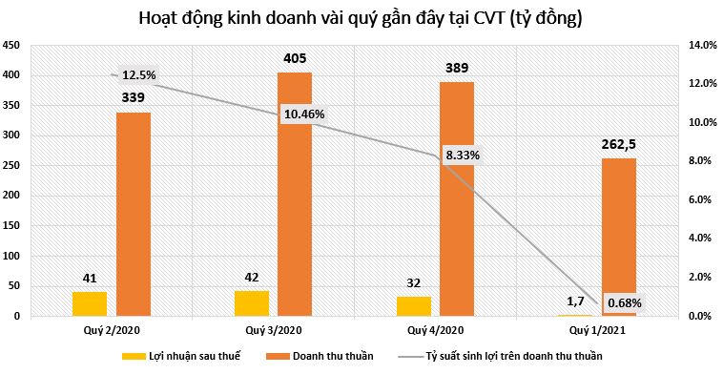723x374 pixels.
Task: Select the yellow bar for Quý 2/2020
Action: (x=91, y=303)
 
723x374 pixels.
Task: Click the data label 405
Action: (x=295, y=59)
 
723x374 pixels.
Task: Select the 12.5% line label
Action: (x=138, y=75)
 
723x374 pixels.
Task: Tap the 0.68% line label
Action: (x=624, y=303)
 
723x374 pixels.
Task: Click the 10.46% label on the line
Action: (x=304, y=114)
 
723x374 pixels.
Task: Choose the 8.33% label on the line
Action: (x=463, y=154)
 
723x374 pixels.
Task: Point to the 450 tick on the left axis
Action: (x=12, y=46)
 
